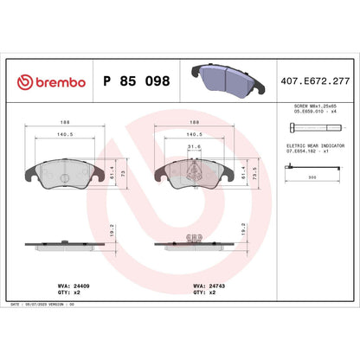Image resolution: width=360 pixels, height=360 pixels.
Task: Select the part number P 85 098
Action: click(x=138, y=81)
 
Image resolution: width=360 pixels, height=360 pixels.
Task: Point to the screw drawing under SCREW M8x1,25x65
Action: click(x=316, y=127)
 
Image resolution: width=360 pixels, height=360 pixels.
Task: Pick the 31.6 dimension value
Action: click(x=194, y=145)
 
